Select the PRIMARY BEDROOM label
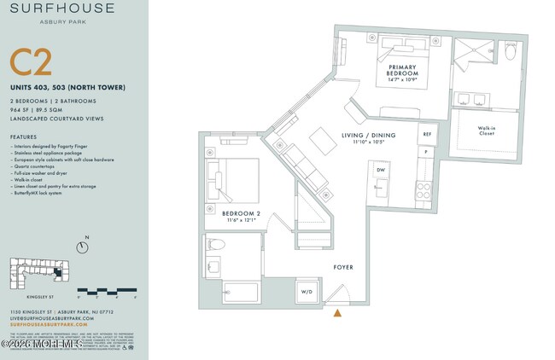pyautogui.click(x=402, y=70)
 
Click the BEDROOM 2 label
pyautogui.click(x=240, y=216)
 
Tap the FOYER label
pyautogui.click(x=342, y=267)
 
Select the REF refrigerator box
pyautogui.click(x=426, y=134)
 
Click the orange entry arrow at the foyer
pyautogui.click(x=338, y=313)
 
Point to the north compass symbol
pyautogui.click(x=81, y=247)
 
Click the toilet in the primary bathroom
pyautogui.click(x=511, y=52)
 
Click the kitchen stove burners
pyautogui.click(x=423, y=190)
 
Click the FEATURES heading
pyautogui.click(x=23, y=136)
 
